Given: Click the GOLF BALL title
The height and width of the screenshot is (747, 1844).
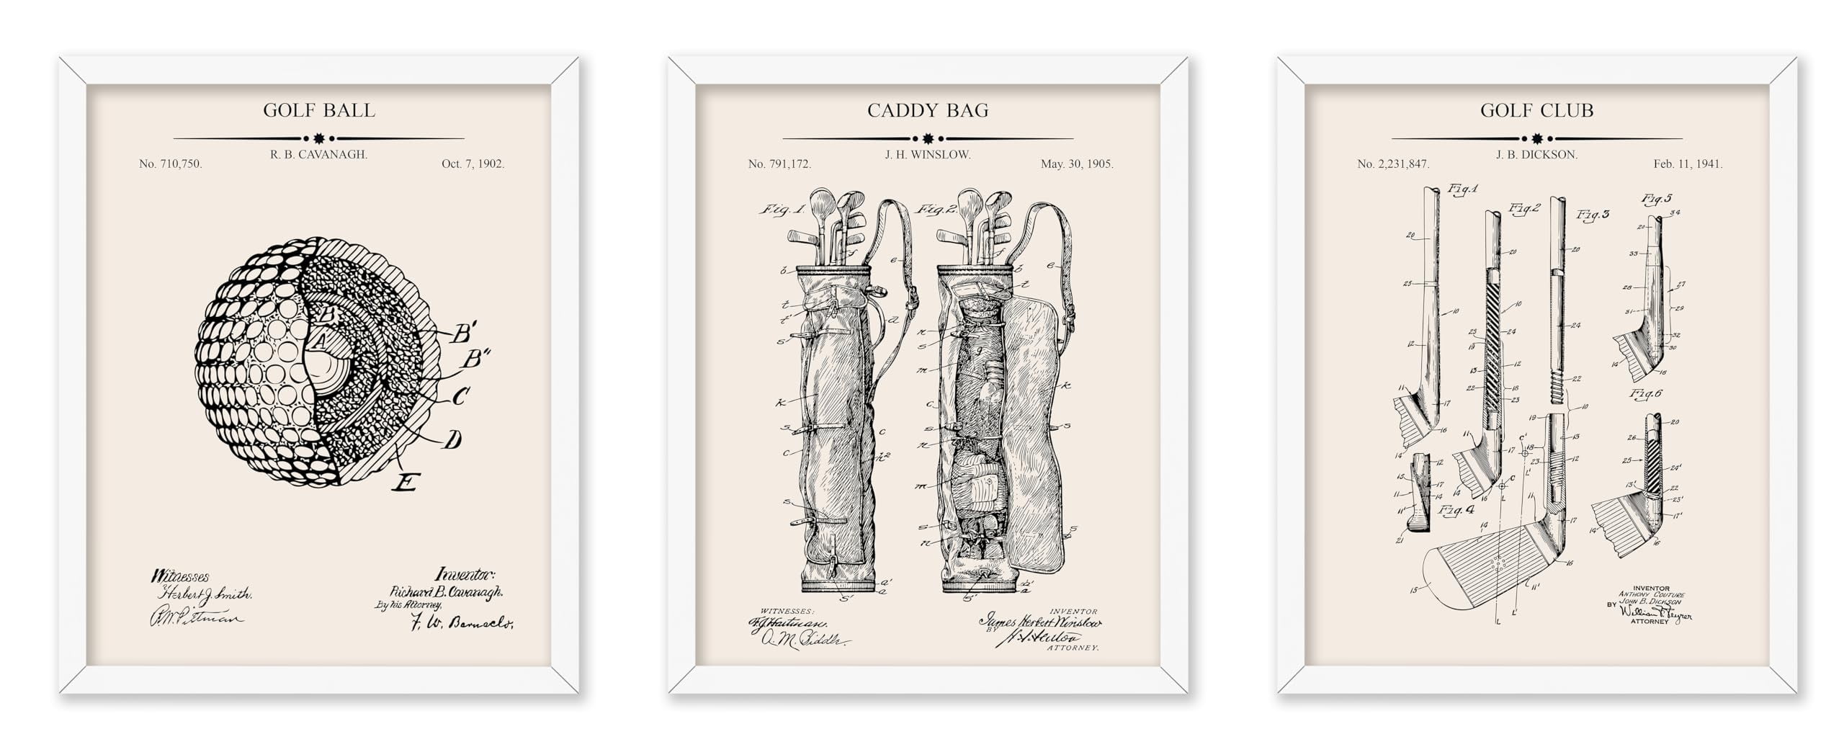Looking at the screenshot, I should point(318,110).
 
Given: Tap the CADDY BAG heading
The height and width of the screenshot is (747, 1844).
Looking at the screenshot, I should point(928,110).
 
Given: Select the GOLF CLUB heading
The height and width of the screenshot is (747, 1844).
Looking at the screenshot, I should point(1536,110).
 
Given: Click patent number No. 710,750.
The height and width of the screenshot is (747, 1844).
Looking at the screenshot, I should point(171,164).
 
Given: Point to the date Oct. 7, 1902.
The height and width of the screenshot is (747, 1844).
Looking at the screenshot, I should point(473,164).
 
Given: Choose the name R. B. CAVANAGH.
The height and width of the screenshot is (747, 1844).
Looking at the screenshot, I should point(318,154).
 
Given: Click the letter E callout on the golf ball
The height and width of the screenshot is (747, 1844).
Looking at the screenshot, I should point(406,481).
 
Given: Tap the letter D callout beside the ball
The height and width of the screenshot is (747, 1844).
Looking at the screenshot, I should point(452,439).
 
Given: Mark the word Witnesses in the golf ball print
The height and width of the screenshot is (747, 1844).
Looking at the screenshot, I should point(179,576).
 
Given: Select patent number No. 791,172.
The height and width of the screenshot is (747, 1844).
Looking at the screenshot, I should point(779,164).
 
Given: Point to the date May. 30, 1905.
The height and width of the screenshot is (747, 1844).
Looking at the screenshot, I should point(1077,164).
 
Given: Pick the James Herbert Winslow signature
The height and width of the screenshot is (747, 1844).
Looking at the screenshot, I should point(1039,622).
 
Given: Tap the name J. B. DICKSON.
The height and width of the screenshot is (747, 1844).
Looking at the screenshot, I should point(1536,154).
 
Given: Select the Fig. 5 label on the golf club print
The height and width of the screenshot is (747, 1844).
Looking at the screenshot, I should point(1657,198).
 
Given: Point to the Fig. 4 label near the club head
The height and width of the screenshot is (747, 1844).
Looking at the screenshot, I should point(1456,510).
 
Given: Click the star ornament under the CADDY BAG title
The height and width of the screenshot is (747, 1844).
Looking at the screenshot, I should point(928,138).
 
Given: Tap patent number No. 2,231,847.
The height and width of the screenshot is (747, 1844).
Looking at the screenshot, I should point(1393,164).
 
